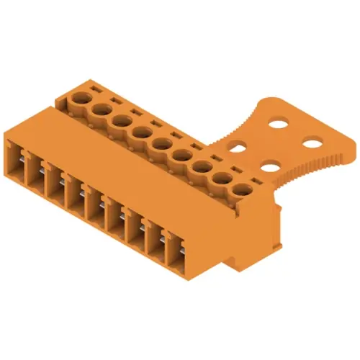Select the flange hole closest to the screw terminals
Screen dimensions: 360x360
click(x=235, y=148)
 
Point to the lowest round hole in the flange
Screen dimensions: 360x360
click(x=270, y=168)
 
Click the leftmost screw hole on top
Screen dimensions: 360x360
click(x=80, y=98)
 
